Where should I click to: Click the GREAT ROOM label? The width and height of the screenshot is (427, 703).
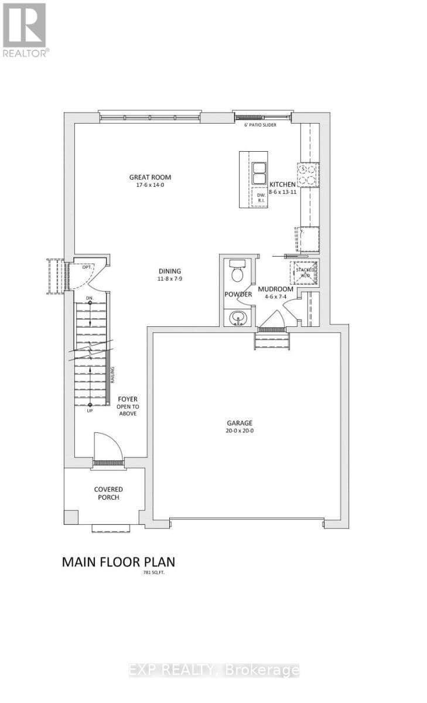click(150, 178)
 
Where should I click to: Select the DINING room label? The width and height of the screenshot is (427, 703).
click(170, 271)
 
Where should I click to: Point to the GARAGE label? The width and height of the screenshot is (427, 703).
click(240, 423)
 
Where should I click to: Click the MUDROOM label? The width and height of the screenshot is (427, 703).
click(275, 289)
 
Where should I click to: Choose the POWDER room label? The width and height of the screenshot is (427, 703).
click(238, 294)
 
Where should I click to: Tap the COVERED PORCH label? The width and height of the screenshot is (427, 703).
click(108, 493)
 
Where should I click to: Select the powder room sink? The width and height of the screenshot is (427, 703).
click(238, 318)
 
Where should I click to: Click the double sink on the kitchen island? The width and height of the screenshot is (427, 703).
click(259, 173)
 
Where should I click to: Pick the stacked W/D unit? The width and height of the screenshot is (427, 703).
click(305, 271)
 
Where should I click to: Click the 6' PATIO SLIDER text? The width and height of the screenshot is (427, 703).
click(260, 125)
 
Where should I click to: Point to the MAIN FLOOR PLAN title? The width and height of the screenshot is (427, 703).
click(118, 562)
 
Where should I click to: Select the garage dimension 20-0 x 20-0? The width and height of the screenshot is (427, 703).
click(240, 431)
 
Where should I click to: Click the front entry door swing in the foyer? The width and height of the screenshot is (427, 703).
click(109, 446)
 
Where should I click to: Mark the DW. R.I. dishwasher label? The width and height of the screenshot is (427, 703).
click(261, 198)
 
